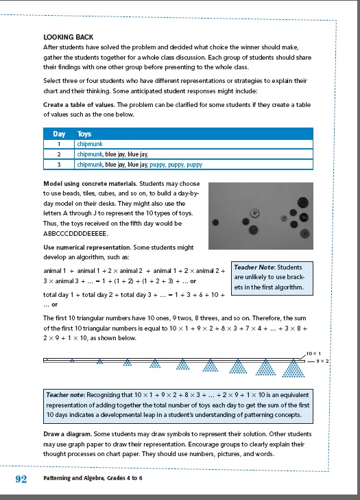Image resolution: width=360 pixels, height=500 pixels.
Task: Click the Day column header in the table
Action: coord(59,134)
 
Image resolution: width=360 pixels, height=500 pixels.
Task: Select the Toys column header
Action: coord(84,134)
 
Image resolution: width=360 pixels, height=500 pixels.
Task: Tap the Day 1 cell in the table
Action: coord(59,145)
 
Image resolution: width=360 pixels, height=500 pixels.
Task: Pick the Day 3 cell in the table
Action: coord(59,165)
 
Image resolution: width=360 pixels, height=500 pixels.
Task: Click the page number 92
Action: coord(21,479)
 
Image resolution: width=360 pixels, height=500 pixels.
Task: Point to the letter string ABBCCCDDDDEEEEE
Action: coord(75,233)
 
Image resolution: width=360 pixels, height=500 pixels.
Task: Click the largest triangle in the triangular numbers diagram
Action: coord(295,370)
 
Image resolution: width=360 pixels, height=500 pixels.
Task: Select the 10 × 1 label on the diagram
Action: coord(315,353)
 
